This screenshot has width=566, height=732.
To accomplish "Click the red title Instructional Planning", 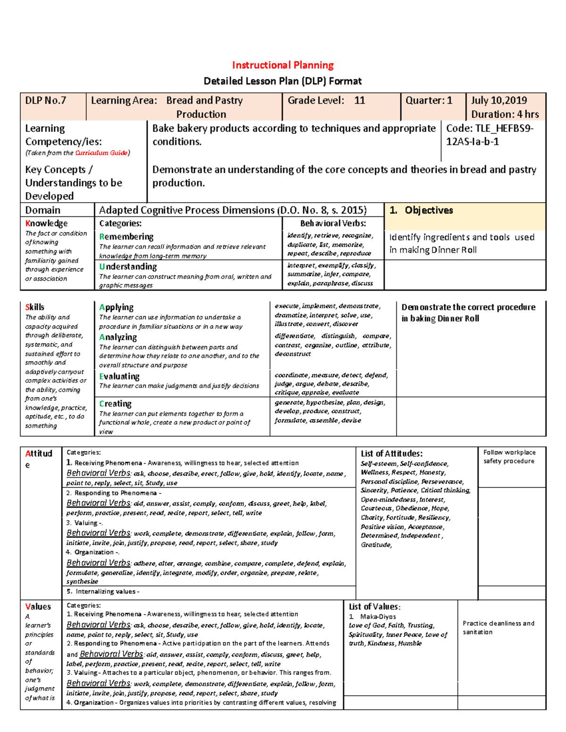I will coord(283,65).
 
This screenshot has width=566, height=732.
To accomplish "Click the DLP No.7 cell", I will coord(46,100).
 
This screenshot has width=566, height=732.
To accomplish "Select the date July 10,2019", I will coord(499,100).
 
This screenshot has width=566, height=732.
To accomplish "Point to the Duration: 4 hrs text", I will coord(505,114).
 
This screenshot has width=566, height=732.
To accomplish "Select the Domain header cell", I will coord(43,210).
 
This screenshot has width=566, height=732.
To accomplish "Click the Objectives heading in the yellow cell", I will coord(428,210).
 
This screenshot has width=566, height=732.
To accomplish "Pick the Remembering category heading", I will coord(126,237).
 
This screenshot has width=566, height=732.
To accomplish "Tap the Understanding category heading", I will coord(128,266).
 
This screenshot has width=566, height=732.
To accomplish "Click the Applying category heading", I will coord(117,307).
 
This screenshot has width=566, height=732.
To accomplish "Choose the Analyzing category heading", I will coord(118,337).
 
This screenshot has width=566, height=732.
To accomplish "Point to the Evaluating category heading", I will coord(119,376).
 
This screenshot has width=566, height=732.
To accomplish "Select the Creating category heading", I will coord(116,403).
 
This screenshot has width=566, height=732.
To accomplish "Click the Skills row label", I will coord(35,307).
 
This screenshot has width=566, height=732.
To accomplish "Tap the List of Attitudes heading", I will coord(391,453).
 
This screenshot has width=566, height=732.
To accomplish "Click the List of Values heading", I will coord(375,607).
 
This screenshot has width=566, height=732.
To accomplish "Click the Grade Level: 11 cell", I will coord(326,100).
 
